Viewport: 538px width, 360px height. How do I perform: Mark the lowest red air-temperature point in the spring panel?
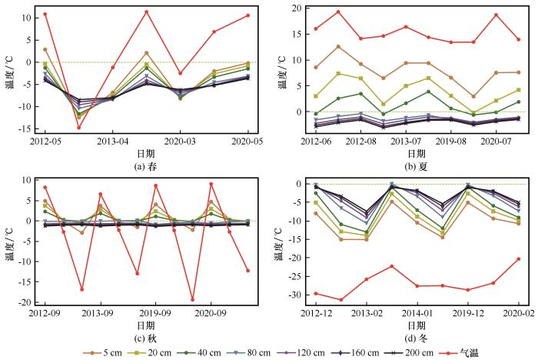[79, 128]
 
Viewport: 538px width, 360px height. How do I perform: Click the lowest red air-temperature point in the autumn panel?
[192, 300]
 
